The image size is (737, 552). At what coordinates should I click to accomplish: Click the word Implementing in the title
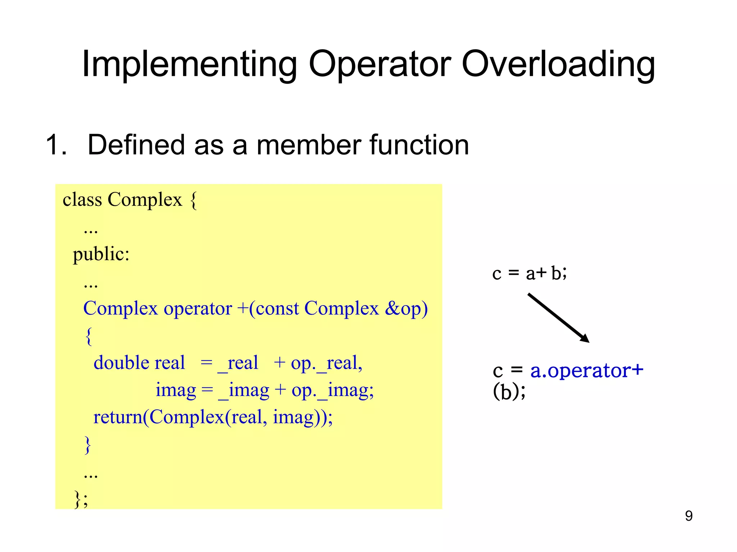[189, 65]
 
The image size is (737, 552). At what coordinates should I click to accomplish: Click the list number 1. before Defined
[56, 145]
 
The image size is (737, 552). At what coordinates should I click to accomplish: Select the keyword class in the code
[82, 199]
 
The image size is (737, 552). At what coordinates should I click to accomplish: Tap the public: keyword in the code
[101, 254]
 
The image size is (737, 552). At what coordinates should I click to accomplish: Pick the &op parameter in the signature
[406, 308]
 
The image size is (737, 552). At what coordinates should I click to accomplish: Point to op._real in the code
[326, 363]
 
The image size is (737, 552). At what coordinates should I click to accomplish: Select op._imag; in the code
[333, 390]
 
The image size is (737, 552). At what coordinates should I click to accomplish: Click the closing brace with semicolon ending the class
[81, 499]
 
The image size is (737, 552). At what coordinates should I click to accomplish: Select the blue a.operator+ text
[587, 371]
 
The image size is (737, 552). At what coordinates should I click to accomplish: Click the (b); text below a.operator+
[509, 392]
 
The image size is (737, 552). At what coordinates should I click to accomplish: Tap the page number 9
[689, 516]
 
